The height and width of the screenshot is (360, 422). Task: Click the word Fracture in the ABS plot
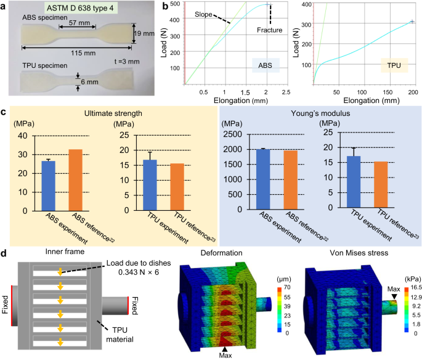[x=270, y=29]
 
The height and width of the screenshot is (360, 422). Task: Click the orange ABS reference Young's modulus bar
[x=272, y=180]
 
